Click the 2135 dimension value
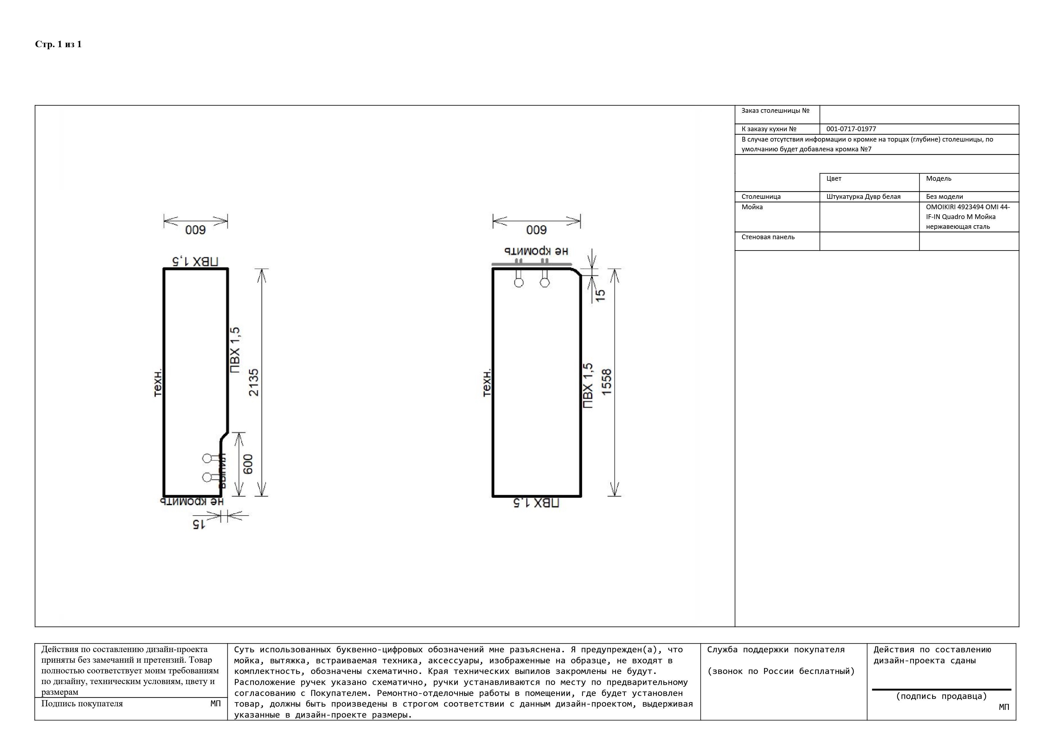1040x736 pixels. point(254,383)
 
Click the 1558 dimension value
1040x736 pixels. point(606,382)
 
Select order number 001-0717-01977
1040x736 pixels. point(851,129)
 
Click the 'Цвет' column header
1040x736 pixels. point(834,179)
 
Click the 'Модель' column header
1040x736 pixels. point(939,179)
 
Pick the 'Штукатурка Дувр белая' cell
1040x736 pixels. point(863,197)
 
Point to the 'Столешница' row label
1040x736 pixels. point(761,197)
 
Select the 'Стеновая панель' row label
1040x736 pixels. point(768,237)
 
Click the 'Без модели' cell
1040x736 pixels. point(945,197)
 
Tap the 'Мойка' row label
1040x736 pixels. point(752,207)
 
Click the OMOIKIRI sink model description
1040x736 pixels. point(967,217)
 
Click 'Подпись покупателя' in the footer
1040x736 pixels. point(82,704)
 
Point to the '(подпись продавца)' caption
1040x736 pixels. point(941,696)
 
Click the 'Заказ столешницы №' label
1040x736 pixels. point(775,111)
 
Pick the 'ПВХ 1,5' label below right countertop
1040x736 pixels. point(536,503)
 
